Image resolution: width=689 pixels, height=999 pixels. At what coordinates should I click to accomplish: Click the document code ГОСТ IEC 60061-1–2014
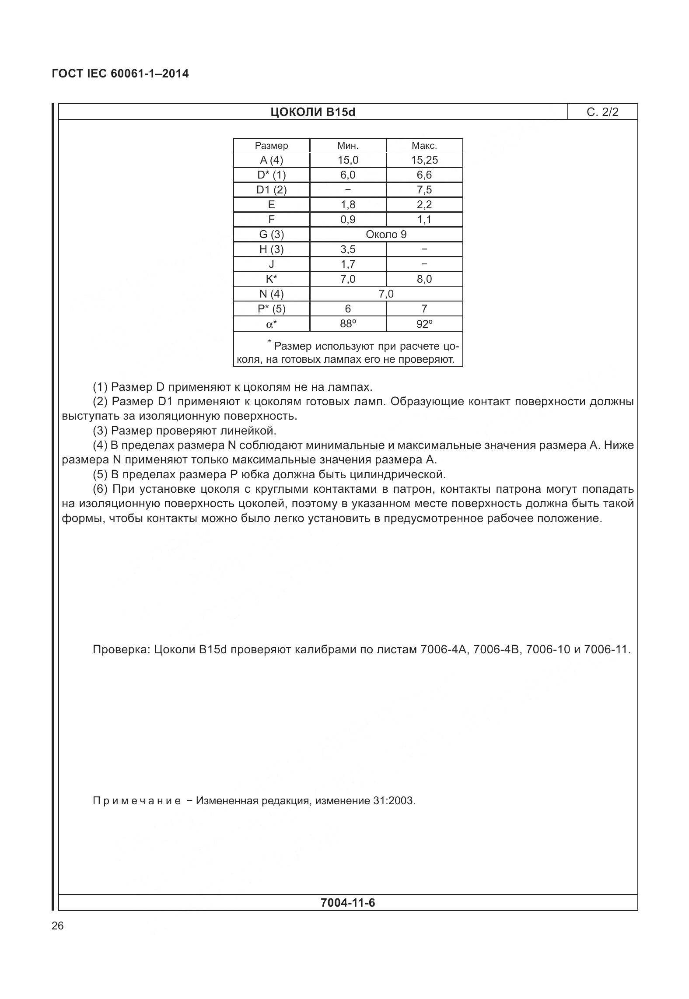click(x=120, y=74)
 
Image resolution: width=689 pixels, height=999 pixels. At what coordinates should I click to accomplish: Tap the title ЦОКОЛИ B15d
click(x=312, y=112)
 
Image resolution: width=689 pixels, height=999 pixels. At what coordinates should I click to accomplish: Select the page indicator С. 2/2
click(x=602, y=112)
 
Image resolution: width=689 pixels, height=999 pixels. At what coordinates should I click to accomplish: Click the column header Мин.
click(x=347, y=146)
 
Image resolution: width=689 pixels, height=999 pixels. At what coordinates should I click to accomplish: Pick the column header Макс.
click(x=424, y=146)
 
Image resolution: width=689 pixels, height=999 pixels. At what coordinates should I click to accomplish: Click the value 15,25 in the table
click(x=424, y=160)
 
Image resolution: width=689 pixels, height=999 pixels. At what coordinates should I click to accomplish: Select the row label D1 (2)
click(x=271, y=190)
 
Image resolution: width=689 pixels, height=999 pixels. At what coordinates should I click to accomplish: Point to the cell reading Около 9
click(x=386, y=235)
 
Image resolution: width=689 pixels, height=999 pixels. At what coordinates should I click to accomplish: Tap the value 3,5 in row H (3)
click(x=347, y=249)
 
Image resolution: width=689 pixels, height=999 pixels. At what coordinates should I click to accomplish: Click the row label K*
click(x=271, y=279)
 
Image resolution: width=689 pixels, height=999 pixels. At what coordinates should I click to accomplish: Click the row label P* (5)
click(x=271, y=309)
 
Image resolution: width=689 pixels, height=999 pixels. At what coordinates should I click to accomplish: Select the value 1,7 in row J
click(x=347, y=264)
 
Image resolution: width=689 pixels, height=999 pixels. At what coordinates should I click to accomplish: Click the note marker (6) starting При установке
click(x=101, y=489)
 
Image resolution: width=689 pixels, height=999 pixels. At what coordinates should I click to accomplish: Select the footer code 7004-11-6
click(x=347, y=903)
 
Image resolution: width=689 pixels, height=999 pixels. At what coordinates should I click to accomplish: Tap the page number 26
click(x=58, y=926)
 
